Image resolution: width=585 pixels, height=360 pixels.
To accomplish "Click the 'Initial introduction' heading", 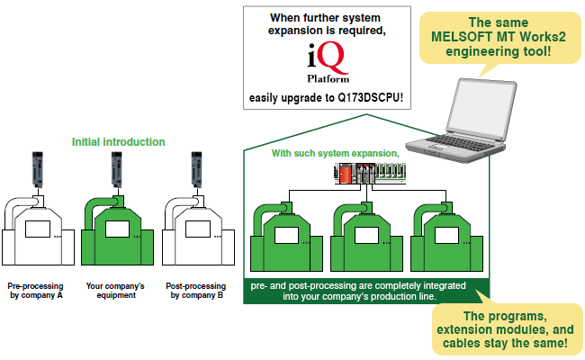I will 119,142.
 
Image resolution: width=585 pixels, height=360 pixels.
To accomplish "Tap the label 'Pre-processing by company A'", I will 35,292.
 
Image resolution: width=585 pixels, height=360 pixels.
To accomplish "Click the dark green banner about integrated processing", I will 360,291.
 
